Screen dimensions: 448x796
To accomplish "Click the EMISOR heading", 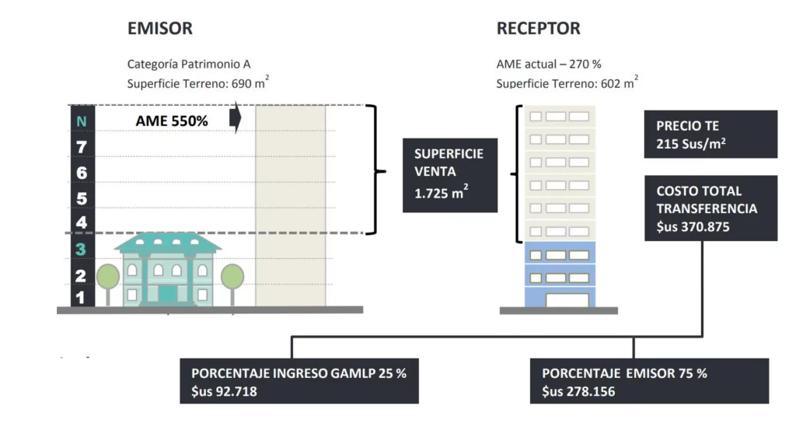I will (159, 29).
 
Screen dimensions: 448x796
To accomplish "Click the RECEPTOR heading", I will (538, 29).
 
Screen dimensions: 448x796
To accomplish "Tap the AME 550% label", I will (172, 121).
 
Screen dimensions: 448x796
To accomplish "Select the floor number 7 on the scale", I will (82, 147).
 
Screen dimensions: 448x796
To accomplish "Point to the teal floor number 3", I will (81, 250).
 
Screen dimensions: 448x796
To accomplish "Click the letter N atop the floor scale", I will (82, 121).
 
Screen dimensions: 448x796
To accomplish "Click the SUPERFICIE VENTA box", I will (449, 175).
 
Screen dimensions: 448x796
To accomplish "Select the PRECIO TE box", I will (710, 134).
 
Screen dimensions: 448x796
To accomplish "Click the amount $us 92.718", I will (224, 391).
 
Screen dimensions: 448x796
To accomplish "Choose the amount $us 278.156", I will (578, 391).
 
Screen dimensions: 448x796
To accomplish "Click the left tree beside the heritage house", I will (108, 277).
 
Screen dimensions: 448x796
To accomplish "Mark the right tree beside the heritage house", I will (232, 277).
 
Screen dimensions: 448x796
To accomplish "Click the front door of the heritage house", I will (168, 293).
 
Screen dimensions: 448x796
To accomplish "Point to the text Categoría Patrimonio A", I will (189, 65).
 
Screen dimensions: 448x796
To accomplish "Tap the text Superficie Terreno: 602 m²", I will (567, 83).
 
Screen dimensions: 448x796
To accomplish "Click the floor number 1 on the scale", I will (81, 296).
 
